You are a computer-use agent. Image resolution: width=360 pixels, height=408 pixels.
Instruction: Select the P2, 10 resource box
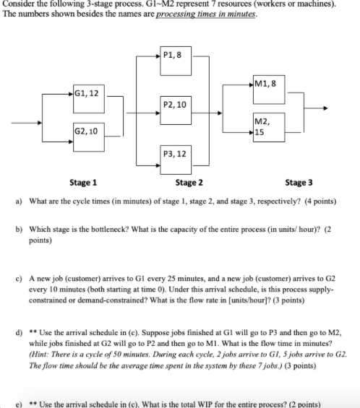pyautogui.click(x=176, y=109)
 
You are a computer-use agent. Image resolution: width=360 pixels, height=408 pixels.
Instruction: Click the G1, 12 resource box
pyautogui.click(x=89, y=100)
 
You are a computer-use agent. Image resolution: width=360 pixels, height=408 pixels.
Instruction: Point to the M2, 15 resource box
pyautogui.click(x=266, y=128)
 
